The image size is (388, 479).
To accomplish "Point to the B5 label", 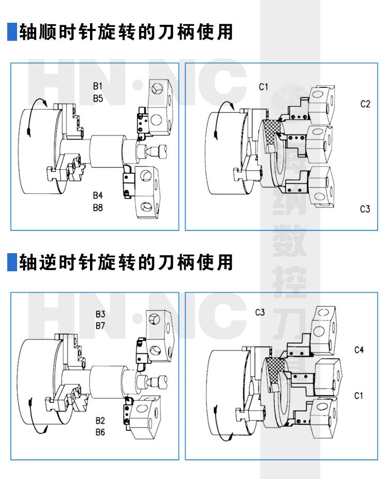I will coord(99,97).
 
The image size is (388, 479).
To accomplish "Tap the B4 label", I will coord(98,195).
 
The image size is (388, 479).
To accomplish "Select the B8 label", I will coord(98,207).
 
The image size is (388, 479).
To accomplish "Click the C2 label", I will coord(365,104).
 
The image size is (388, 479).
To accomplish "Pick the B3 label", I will coord(100,314).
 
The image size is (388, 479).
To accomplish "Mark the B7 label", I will coord(100,326).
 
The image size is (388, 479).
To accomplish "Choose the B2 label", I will coord(100,420).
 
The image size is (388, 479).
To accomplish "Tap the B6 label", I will coord(100,431).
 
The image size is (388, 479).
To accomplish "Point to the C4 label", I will coord(359,350).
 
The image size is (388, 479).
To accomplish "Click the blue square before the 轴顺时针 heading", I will coord(12,32).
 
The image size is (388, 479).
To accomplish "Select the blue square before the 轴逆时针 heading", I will coord(12,262).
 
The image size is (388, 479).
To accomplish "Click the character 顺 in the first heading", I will coord(47,32).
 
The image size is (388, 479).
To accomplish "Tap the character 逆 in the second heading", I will coord(47,262).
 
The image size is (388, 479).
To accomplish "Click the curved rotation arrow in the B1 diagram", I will coord(34,114).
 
